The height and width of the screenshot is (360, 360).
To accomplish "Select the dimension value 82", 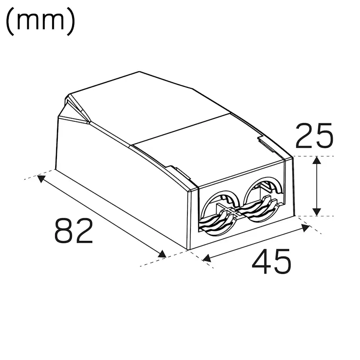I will click(74, 231).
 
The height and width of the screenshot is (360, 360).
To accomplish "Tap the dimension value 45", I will click(272, 262).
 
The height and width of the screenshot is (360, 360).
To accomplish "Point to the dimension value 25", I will click(314, 136).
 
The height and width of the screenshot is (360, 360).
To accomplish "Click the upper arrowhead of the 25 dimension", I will click(317, 161).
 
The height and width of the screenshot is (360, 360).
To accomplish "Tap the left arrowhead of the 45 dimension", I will click(207, 259).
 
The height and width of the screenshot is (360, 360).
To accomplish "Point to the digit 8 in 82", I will click(63, 231).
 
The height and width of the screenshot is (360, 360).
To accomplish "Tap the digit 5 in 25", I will click(324, 136).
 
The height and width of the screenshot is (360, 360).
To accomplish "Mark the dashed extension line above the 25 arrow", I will click(313, 156).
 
